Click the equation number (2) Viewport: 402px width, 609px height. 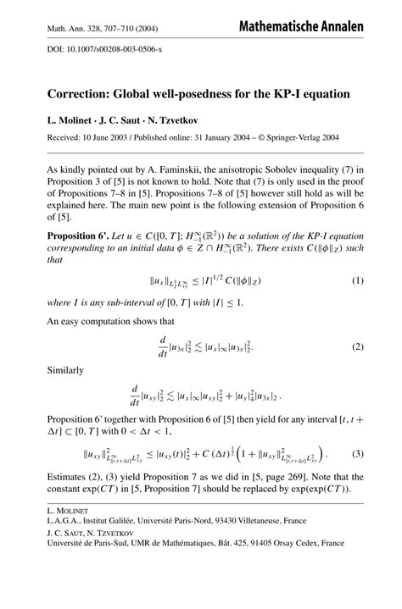(x=357, y=348)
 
